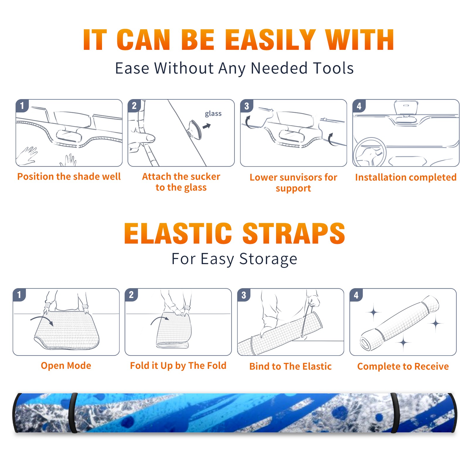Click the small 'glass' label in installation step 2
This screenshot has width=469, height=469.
(x=213, y=114)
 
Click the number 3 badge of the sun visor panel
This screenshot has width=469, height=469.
(x=247, y=106)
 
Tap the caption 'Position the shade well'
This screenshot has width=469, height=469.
(x=69, y=176)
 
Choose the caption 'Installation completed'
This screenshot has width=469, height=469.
(x=406, y=177)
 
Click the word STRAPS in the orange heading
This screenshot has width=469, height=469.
(x=294, y=233)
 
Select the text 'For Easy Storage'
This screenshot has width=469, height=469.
(x=234, y=259)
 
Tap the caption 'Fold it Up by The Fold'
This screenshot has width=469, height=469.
(x=178, y=366)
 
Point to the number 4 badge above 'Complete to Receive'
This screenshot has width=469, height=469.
(x=356, y=295)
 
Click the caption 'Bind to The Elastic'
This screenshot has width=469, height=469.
(x=290, y=366)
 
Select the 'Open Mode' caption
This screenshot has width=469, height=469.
(x=66, y=366)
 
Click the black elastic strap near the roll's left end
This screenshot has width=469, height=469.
(x=73, y=413)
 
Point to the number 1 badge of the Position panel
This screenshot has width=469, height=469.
(x=22, y=106)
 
